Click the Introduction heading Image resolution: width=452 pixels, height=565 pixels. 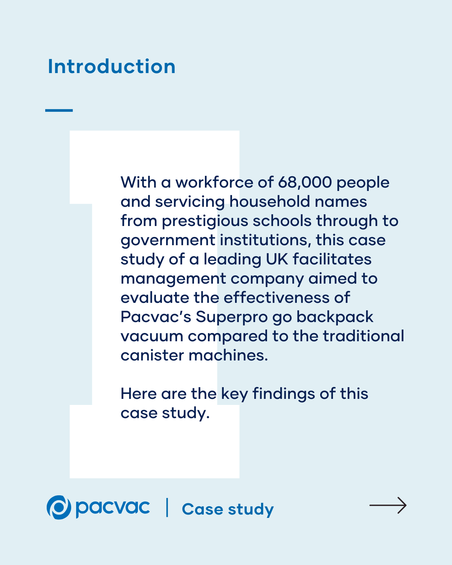[x=111, y=67]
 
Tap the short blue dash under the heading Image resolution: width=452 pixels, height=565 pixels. [x=59, y=110]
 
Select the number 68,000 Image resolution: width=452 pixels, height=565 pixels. [x=305, y=182]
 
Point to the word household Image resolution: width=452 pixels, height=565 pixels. [x=269, y=202]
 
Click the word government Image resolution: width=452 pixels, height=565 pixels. [x=168, y=240]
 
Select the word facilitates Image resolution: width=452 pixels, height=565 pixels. [x=332, y=259]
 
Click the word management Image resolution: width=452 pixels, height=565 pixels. [x=173, y=279]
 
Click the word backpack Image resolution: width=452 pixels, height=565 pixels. [x=335, y=317]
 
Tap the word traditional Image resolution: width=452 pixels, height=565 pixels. [x=363, y=336]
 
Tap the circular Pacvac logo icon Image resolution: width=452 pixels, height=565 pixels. [x=59, y=507]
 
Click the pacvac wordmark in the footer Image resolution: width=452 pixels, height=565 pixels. [x=113, y=508]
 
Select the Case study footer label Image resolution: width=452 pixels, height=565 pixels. [x=228, y=509]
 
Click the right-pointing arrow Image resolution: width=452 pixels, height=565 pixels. [x=388, y=505]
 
